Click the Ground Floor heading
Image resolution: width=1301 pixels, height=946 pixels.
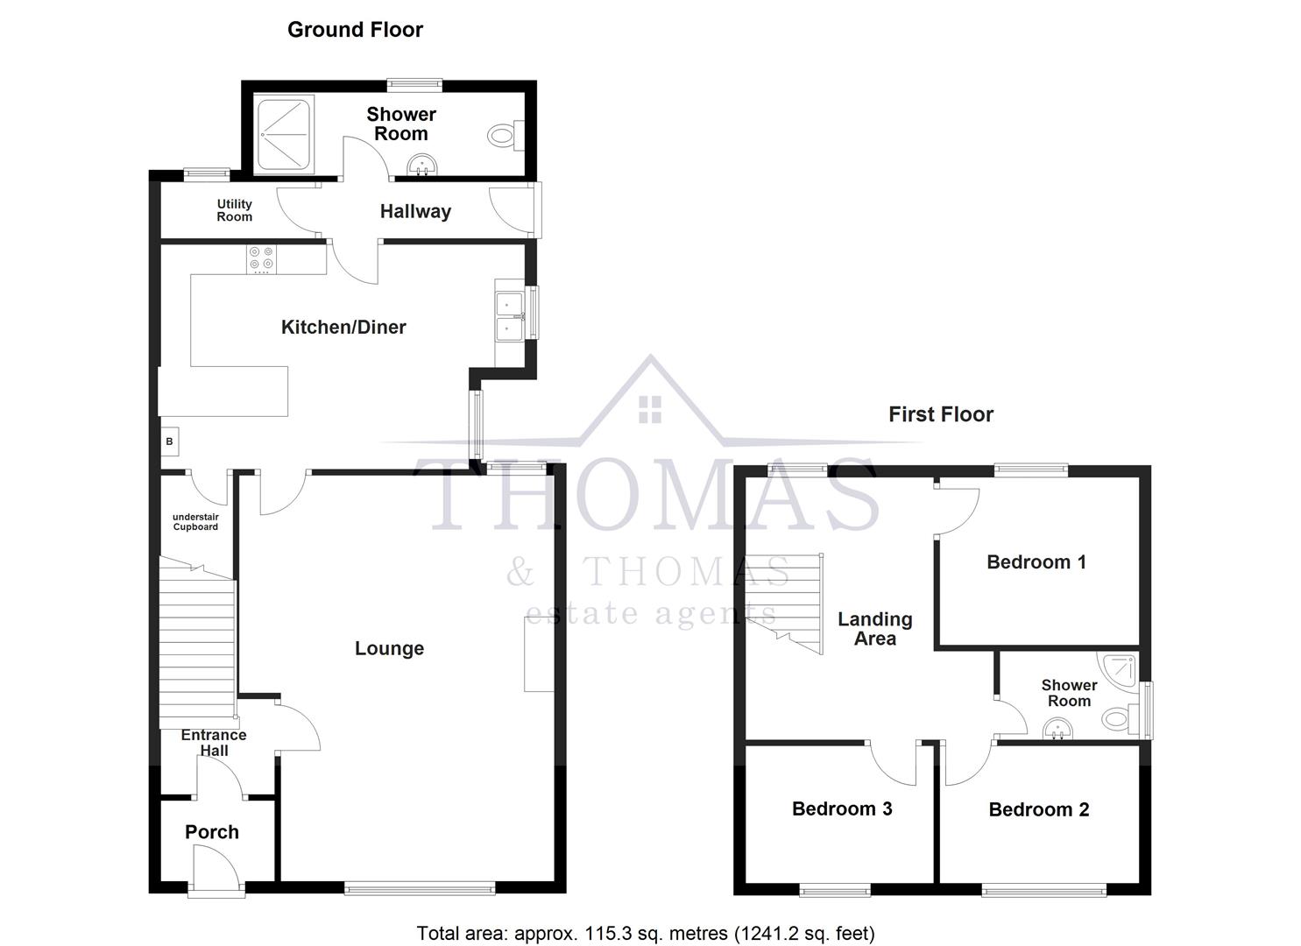pyautogui.click(x=355, y=30)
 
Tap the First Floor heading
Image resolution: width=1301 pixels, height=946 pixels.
pyautogui.click(x=940, y=414)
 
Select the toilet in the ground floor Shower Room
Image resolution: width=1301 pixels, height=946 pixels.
pyautogui.click(x=502, y=135)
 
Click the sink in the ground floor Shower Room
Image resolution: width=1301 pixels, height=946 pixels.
pyautogui.click(x=423, y=165)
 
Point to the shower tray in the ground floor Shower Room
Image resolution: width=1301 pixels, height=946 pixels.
pyautogui.click(x=283, y=134)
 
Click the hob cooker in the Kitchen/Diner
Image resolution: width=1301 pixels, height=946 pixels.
pyautogui.click(x=261, y=258)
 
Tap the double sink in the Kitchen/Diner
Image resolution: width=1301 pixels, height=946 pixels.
pyautogui.click(x=508, y=316)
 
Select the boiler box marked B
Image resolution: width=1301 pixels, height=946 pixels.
pyautogui.click(x=169, y=441)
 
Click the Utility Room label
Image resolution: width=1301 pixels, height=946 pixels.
pyautogui.click(x=234, y=210)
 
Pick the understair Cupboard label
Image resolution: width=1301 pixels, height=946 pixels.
pyautogui.click(x=195, y=522)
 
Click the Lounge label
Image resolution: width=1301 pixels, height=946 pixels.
pyautogui.click(x=389, y=648)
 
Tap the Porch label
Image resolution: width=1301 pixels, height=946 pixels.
pyautogui.click(x=212, y=832)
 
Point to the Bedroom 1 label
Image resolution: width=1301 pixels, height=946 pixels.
pyautogui.click(x=1036, y=562)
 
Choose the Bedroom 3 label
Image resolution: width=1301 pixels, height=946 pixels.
pyautogui.click(x=841, y=808)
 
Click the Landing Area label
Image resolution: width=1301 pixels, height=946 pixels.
pyautogui.click(x=874, y=629)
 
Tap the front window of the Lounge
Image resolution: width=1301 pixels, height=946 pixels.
pyautogui.click(x=420, y=889)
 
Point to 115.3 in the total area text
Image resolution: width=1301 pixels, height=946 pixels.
pyautogui.click(x=543, y=934)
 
